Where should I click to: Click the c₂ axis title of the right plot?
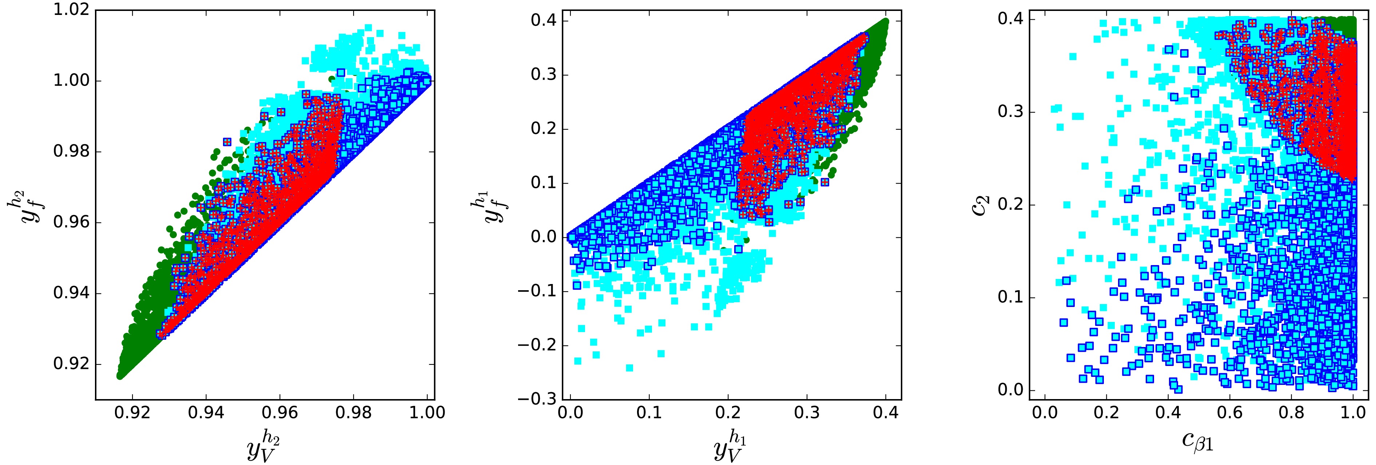tap(980, 206)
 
